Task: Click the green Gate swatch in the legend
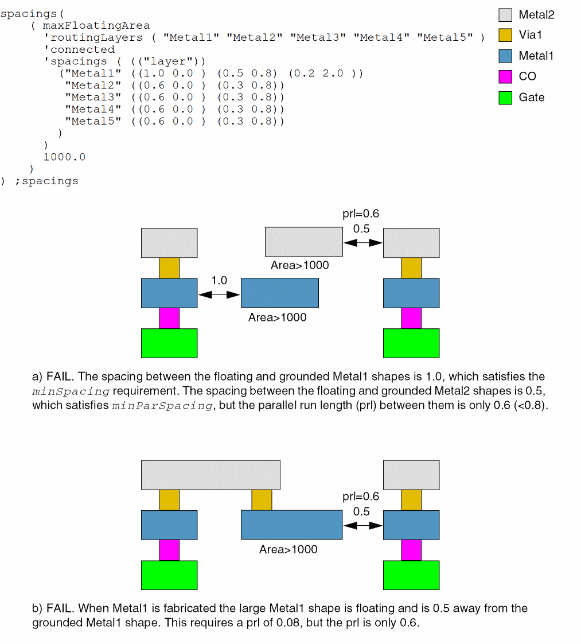click(505, 98)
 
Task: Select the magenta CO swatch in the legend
click(505, 77)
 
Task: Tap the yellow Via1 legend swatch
click(505, 35)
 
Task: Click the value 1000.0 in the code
click(64, 157)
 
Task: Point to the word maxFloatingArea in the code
click(96, 25)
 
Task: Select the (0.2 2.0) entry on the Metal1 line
click(326, 73)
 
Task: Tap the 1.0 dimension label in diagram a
click(219, 281)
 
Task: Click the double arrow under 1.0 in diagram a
click(219, 294)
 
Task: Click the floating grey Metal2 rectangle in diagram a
click(303, 242)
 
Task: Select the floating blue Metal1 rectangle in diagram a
click(279, 293)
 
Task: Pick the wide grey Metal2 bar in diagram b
click(210, 475)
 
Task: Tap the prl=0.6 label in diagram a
click(361, 214)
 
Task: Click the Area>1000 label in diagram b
click(288, 549)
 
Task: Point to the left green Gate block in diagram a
click(169, 343)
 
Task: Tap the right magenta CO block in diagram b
click(411, 550)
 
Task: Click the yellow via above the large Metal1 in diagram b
click(262, 499)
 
